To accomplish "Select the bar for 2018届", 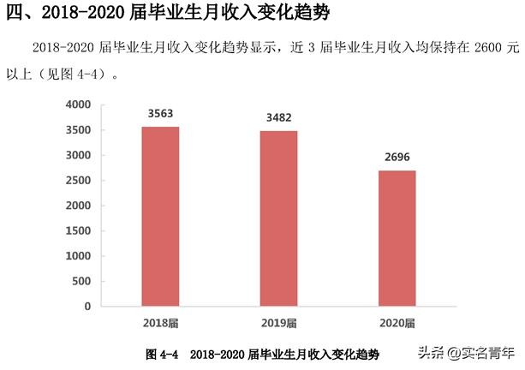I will [x=160, y=216].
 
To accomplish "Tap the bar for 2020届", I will [x=397, y=237].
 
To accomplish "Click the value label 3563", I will [x=160, y=114].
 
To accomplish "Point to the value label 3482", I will [x=279, y=118].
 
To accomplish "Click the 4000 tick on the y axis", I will [x=78, y=104].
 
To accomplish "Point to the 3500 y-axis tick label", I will [x=78, y=130].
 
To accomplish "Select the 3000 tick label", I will [x=78, y=155].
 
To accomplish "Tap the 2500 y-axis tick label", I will [x=78, y=181].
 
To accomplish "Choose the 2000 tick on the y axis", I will [x=78, y=206].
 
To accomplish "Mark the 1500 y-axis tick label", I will [x=78, y=230].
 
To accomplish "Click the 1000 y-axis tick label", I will [x=78, y=256].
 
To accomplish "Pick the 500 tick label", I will [x=81, y=281].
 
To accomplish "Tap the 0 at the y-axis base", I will [x=87, y=306].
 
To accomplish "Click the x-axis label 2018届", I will [x=160, y=323].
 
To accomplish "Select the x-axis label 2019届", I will [x=279, y=323].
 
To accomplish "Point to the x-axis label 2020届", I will [x=397, y=323].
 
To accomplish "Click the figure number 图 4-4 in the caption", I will [x=162, y=354].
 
